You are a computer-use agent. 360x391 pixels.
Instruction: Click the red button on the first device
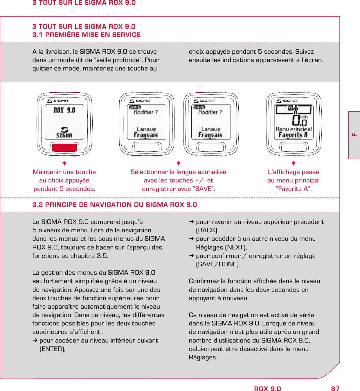pyautogui.click(x=64, y=147)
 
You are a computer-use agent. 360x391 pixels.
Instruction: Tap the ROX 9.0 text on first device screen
pyautogui.click(x=64, y=110)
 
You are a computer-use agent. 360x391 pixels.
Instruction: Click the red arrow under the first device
pyautogui.click(x=64, y=163)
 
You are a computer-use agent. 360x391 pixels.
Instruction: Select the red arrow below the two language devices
pyautogui.click(x=179, y=163)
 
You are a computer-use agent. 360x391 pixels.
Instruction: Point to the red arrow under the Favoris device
pyautogui.click(x=294, y=163)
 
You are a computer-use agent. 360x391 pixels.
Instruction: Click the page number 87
pyautogui.click(x=335, y=389)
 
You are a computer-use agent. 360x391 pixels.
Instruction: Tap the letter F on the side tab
pyautogui.click(x=354, y=135)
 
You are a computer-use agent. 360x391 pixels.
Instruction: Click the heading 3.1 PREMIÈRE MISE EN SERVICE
pyautogui.click(x=87, y=35)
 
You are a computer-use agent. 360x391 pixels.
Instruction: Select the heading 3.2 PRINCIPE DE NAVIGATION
pyautogui.click(x=115, y=205)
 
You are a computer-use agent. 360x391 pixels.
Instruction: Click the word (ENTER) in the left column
pyautogui.click(x=52, y=349)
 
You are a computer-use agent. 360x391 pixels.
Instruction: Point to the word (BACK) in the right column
pyautogui.click(x=207, y=230)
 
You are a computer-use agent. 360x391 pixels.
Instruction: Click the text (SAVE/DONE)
pyautogui.click(x=218, y=264)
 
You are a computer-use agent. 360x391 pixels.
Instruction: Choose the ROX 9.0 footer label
pyautogui.click(x=267, y=389)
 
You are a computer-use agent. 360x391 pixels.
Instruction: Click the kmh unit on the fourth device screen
pyautogui.click(x=304, y=117)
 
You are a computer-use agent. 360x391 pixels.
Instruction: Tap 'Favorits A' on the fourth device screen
pyautogui.click(x=293, y=135)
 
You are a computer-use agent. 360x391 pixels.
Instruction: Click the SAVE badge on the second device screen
pyautogui.click(x=135, y=107)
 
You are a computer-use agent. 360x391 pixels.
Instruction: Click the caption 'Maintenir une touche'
pyautogui.click(x=64, y=172)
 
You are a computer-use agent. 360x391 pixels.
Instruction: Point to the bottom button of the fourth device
pyautogui.click(x=294, y=147)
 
